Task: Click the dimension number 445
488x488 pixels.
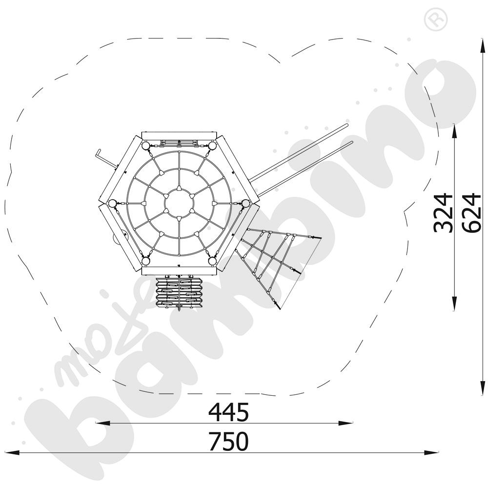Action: (x=229, y=412)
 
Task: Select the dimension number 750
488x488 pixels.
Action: (x=229, y=441)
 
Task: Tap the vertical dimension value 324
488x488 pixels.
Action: (x=443, y=213)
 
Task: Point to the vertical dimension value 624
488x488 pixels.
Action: (x=472, y=213)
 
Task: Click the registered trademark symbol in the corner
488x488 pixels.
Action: (x=436, y=20)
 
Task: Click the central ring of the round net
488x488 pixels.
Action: (x=179, y=203)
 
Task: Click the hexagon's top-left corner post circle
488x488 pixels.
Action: (x=145, y=145)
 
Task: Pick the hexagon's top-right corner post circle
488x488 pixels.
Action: (x=212, y=145)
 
